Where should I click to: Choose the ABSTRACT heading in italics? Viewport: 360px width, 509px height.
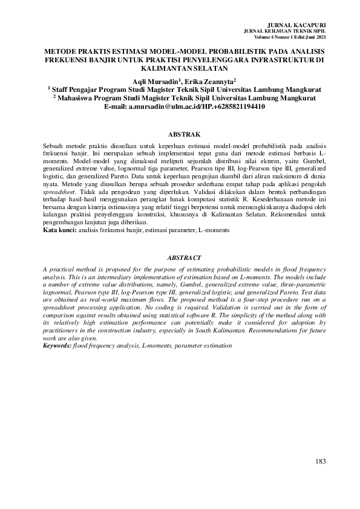pyautogui.click(x=179, y=257)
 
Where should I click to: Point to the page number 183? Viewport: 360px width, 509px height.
pyautogui.click(x=320, y=462)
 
